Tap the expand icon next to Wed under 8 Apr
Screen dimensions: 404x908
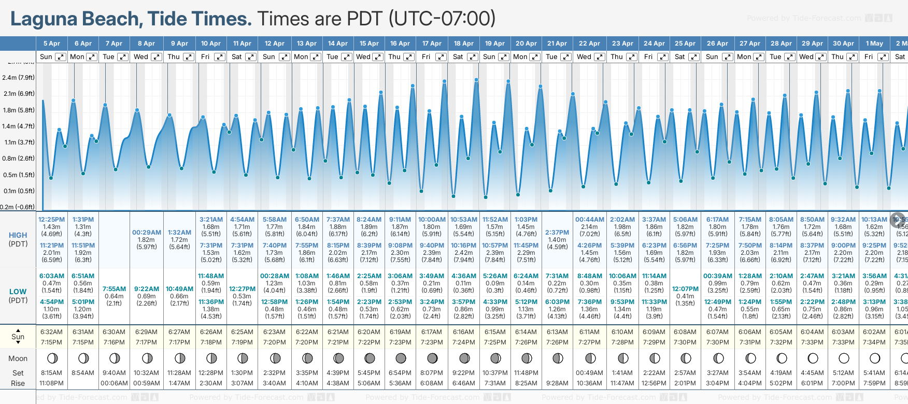(x=156, y=57)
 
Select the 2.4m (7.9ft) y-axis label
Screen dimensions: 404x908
(x=18, y=78)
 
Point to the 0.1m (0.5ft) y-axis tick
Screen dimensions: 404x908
(x=18, y=191)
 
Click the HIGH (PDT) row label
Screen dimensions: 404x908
(x=18, y=239)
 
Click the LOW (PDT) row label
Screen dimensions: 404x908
(x=18, y=296)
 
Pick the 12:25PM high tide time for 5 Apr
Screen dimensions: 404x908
(x=51, y=220)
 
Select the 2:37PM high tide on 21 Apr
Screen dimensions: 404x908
(x=557, y=233)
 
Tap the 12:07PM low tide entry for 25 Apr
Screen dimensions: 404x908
(x=685, y=289)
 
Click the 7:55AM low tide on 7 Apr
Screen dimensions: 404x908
(x=114, y=289)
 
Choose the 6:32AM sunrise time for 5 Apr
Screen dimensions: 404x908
(x=51, y=332)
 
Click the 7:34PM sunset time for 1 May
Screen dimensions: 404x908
(x=874, y=342)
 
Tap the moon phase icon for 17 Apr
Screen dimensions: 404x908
(x=432, y=358)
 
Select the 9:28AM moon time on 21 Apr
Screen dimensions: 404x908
(x=557, y=383)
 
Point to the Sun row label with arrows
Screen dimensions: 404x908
(x=18, y=337)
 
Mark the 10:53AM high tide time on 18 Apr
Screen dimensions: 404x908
(x=463, y=220)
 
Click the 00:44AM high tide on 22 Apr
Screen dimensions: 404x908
(x=589, y=220)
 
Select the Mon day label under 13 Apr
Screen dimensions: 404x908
(x=301, y=57)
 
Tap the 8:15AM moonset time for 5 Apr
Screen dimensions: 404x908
(x=51, y=373)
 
